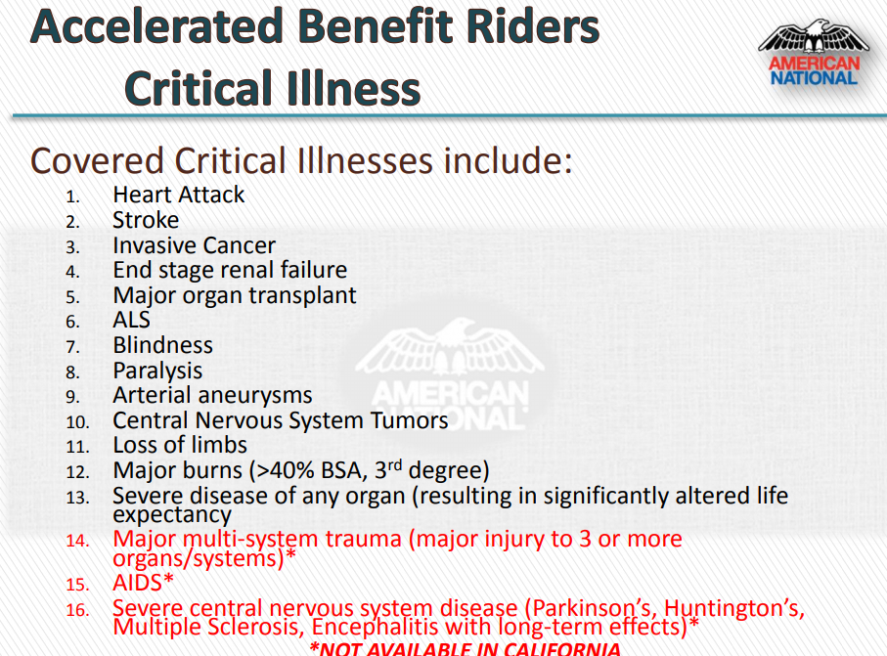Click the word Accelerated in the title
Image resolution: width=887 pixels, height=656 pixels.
tap(156, 26)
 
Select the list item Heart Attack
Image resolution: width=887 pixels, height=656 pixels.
tap(179, 195)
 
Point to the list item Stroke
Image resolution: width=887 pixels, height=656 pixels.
tap(146, 220)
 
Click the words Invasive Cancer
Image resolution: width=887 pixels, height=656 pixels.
tap(194, 245)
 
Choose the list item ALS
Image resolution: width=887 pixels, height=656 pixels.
tap(132, 320)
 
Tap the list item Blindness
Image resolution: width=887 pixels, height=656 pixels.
tap(163, 345)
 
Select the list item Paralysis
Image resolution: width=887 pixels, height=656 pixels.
tap(157, 371)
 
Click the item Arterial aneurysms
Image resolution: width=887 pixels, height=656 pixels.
tap(212, 395)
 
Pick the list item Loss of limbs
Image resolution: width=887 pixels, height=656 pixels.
tap(180, 445)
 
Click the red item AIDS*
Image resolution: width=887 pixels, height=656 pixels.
tap(143, 583)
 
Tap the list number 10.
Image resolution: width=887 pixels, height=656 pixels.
tap(77, 422)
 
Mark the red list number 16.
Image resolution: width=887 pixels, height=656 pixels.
tap(77, 610)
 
